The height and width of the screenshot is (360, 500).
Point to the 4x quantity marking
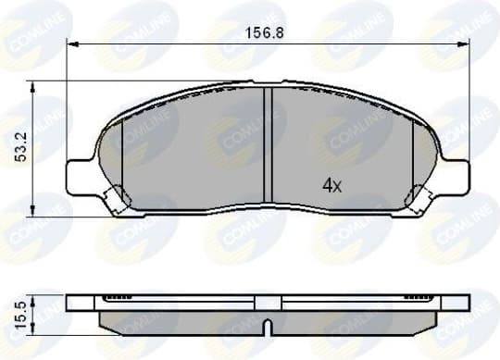[331, 185]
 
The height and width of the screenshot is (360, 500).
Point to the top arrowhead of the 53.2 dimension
[33, 86]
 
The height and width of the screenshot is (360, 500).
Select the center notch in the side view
[266, 328]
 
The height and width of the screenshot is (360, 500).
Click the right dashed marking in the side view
[414, 298]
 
